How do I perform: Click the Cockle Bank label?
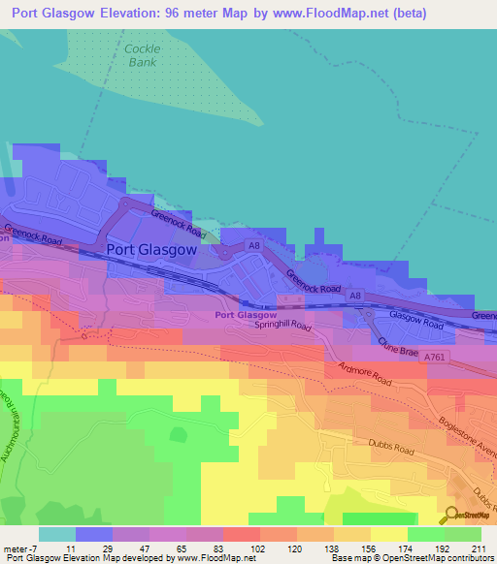[x=142, y=55]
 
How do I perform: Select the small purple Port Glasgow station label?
[x=246, y=315]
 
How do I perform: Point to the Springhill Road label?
[x=282, y=328]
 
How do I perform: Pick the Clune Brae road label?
[x=398, y=346]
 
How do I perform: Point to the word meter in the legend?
[x=15, y=548]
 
